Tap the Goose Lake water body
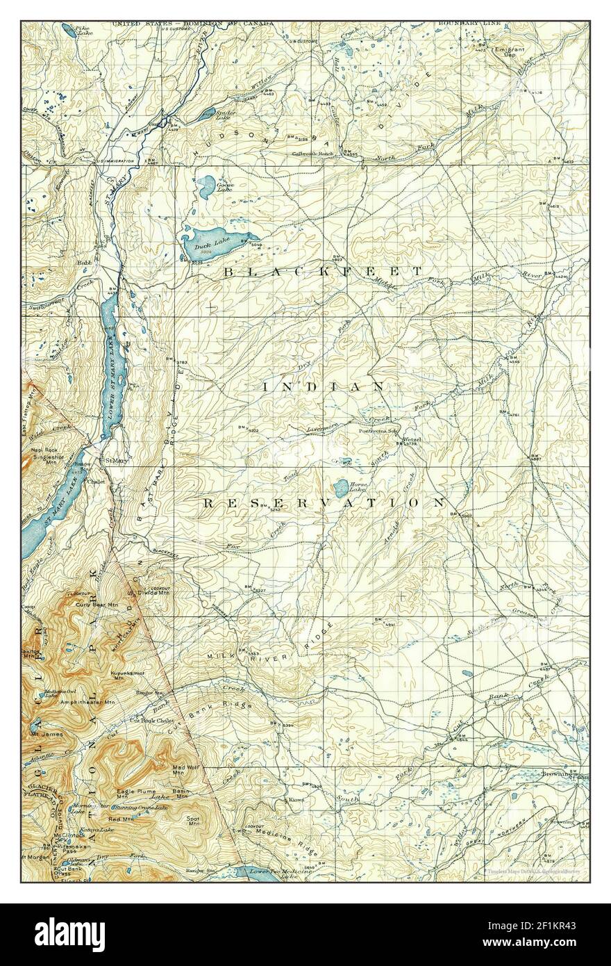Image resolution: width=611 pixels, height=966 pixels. [x=206, y=185]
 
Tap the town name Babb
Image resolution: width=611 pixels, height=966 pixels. [x=85, y=263]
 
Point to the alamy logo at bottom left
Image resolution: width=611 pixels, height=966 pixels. [x=56, y=935]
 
